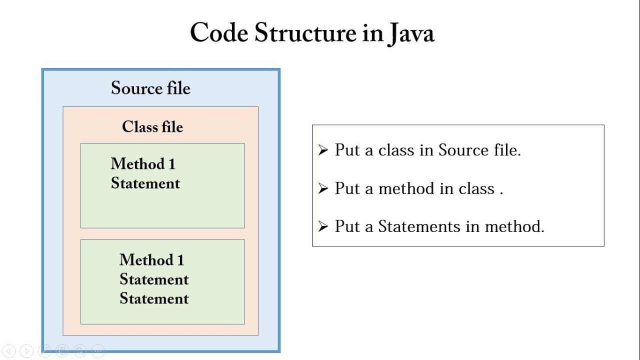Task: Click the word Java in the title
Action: tap(410, 33)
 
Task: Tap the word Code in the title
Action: tap(219, 33)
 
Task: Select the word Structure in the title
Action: tap(304, 33)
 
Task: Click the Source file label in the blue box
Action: tap(150, 88)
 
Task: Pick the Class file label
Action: tap(152, 127)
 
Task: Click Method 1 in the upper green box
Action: tap(143, 164)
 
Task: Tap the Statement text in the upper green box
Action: tap(145, 183)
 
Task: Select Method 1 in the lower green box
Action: tap(151, 260)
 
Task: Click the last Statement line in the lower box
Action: tap(154, 299)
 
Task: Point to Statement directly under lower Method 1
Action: tap(154, 279)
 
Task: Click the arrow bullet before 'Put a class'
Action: tap(323, 150)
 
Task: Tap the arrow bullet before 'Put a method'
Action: tap(323, 188)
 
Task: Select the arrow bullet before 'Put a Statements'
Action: tap(323, 226)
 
